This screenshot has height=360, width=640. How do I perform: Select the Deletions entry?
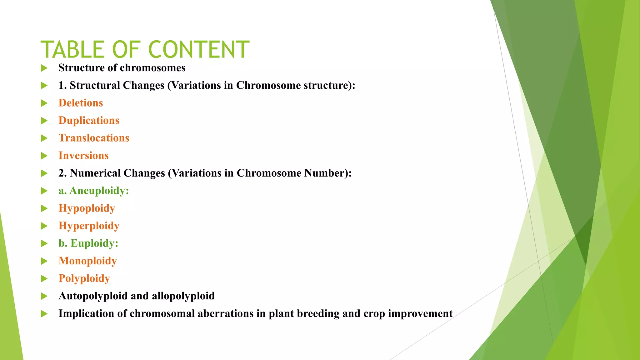pos(81,103)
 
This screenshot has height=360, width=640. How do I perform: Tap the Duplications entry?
pos(89,120)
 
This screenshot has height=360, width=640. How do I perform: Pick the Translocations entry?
pos(94,138)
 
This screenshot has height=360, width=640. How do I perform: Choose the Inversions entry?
pos(83,155)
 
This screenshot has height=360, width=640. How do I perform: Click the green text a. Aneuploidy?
pos(94,191)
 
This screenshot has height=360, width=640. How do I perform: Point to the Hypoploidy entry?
pos(87,208)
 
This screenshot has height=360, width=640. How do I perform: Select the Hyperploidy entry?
pos(89,226)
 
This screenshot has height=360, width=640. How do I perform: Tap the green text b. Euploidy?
pos(88,243)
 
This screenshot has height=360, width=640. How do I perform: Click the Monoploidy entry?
pos(87,261)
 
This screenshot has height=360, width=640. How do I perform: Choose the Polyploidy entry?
pos(84,278)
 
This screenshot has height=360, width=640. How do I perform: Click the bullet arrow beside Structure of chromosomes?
pos(44,68)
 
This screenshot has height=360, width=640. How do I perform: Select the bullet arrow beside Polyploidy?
pos(44,278)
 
